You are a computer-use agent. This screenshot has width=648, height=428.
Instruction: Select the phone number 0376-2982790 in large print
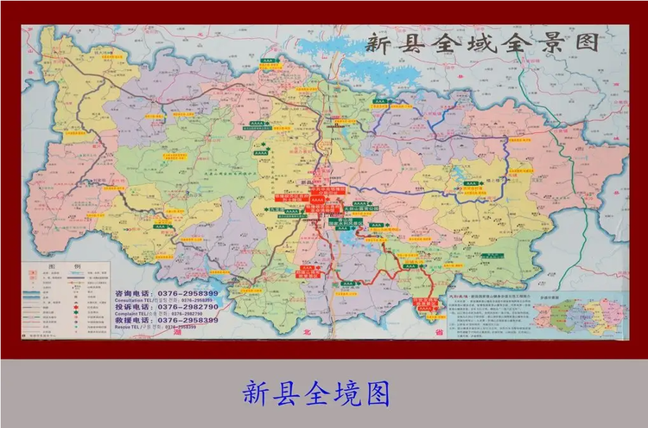point(187,306)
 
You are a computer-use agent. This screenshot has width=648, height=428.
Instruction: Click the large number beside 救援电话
point(187,320)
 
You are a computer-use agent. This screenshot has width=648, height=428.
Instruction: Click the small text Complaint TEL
point(130,313)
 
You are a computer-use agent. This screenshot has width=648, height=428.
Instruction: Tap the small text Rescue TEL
point(126,327)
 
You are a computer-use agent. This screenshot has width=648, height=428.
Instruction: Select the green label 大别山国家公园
point(344,208)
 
